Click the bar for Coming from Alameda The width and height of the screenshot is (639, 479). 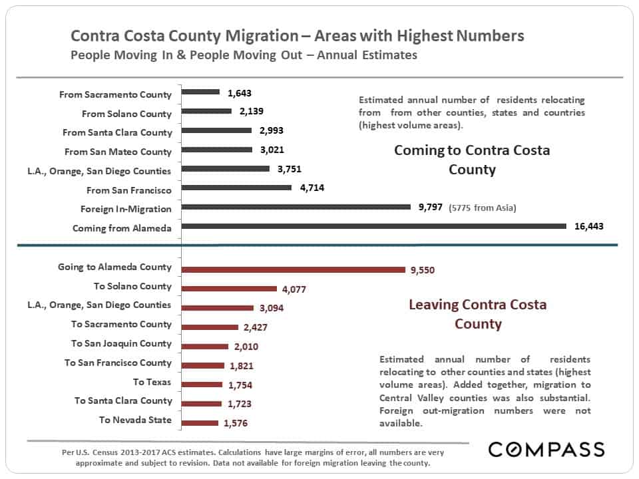point(373,226)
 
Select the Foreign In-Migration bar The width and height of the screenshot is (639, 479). point(296,207)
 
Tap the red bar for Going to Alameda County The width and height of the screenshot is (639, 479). point(294,269)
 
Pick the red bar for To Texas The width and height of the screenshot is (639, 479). point(202,385)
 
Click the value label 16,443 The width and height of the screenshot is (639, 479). point(589,226)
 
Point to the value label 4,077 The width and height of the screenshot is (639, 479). point(294,289)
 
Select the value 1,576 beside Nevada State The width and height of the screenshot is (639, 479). point(236,423)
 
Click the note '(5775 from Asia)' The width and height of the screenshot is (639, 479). point(483,208)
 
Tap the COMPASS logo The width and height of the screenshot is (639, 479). point(546,449)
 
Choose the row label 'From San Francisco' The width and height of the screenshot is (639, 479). point(128,190)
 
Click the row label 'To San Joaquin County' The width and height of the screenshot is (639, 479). point(121,343)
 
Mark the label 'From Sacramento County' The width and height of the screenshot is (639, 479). point(115,94)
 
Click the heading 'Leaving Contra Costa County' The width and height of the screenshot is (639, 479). point(478,314)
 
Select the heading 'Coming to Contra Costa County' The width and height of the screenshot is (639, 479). point(472,160)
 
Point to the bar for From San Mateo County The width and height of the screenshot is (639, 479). point(217,150)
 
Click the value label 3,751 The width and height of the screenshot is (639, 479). point(290,168)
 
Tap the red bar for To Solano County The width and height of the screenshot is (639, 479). point(229,289)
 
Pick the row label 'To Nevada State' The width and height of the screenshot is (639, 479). point(135,420)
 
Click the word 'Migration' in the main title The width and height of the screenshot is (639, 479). point(262,36)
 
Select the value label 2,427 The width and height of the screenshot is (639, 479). point(256,327)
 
